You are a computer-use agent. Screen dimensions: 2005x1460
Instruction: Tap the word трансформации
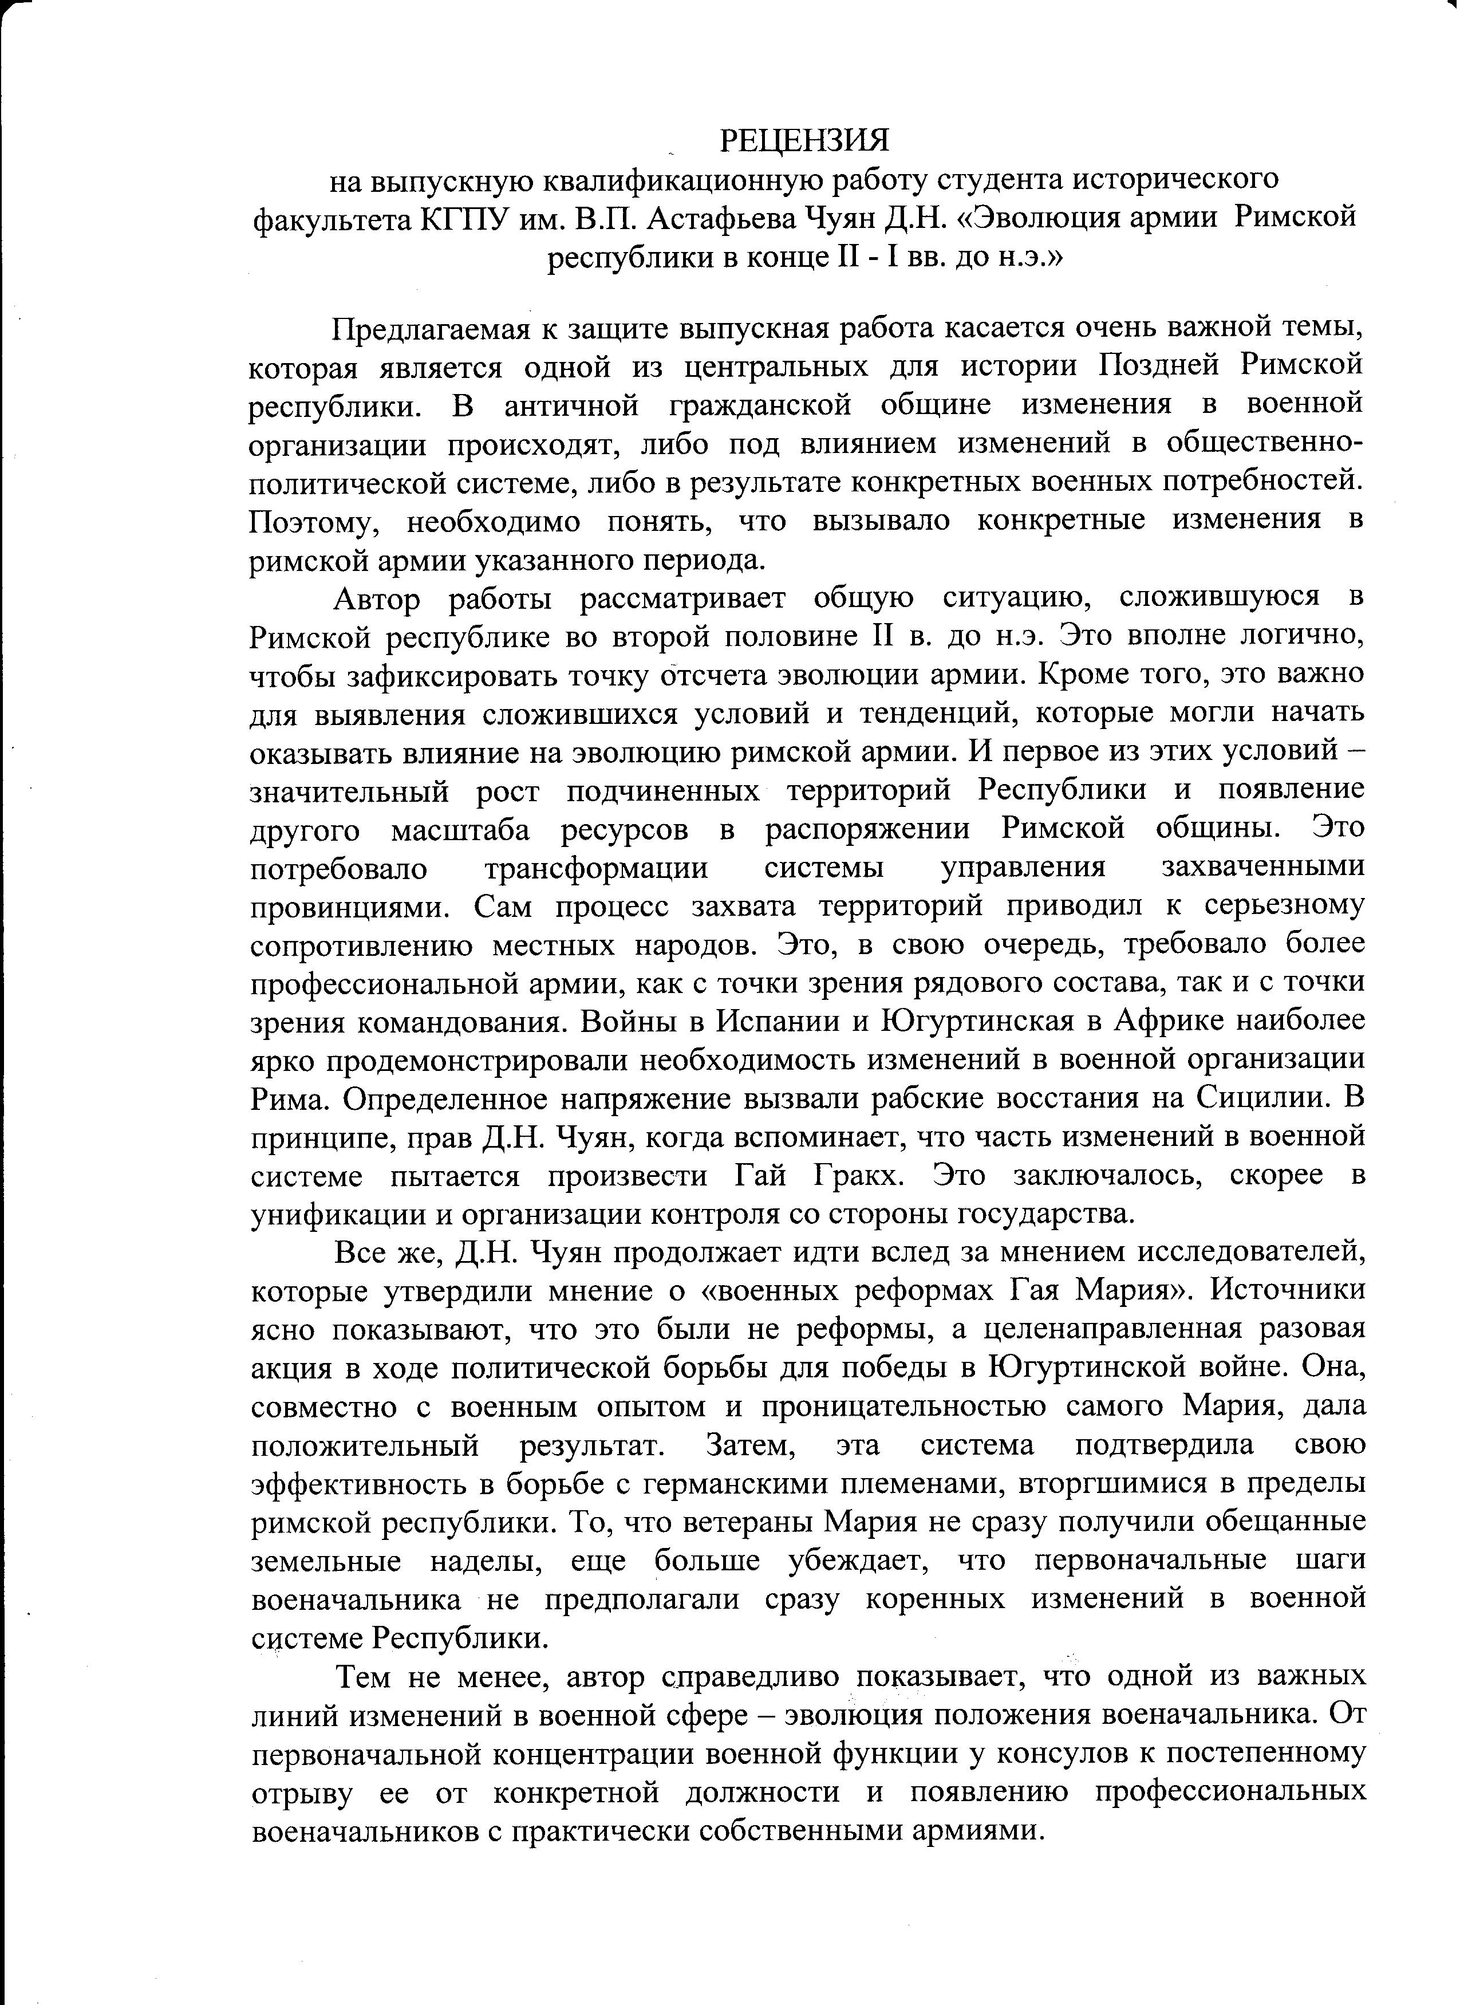click(597, 867)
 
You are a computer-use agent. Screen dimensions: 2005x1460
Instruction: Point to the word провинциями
click(351, 906)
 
